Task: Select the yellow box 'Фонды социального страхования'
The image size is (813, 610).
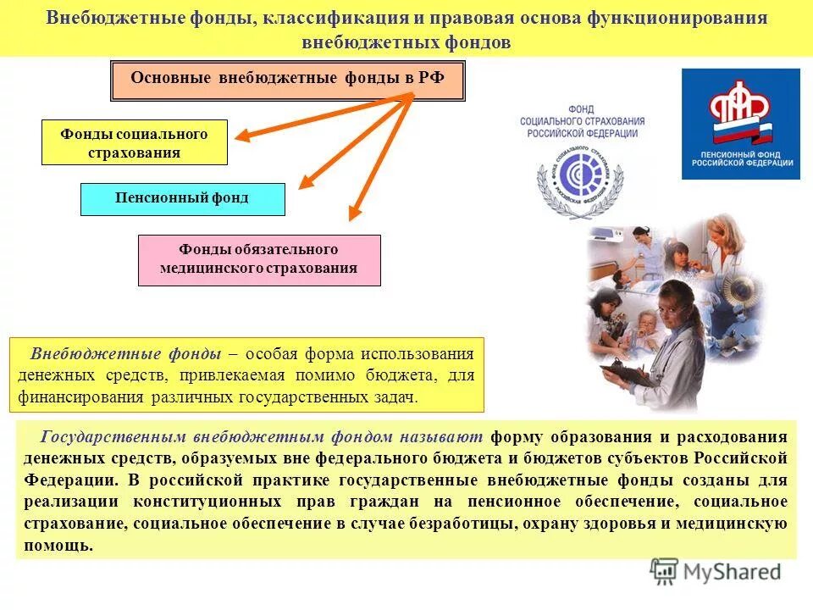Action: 134,142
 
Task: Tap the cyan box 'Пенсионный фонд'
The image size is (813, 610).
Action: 182,198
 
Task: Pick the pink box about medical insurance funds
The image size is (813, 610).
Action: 259,259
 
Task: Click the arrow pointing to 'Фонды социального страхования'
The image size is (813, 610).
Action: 322,114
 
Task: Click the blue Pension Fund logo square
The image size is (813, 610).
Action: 741,124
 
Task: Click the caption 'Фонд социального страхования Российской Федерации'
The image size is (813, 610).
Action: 582,122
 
